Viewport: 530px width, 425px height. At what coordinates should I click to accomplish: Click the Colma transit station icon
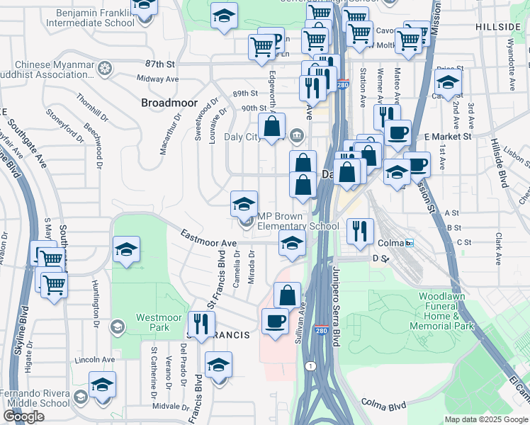point(410,243)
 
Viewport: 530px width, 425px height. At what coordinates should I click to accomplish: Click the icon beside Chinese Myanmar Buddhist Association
point(105,69)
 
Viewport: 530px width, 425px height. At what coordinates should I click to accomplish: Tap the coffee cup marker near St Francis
point(275,321)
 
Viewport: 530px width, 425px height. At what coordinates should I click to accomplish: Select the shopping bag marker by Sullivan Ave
point(287,295)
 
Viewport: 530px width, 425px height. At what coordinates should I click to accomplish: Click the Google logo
point(23,416)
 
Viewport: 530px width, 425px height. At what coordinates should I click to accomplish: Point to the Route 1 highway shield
point(310,365)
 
